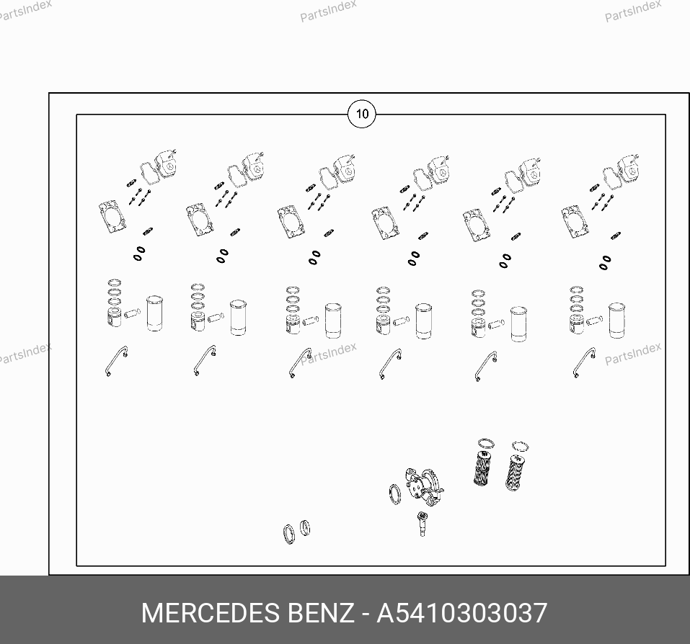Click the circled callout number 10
tap(362, 115)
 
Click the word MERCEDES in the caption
tap(211, 613)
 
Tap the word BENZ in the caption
tap(321, 613)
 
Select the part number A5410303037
tap(462, 613)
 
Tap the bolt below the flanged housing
tap(422, 524)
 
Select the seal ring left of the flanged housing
tap(395, 494)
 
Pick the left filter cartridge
tap(482, 468)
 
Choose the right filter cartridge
tap(515, 473)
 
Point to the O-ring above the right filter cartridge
tap(521, 447)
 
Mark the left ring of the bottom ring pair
tap(289, 534)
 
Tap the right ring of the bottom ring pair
tap(305, 528)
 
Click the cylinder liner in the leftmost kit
tap(154, 313)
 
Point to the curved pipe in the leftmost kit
tap(116, 359)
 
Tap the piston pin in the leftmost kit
tap(133, 313)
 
